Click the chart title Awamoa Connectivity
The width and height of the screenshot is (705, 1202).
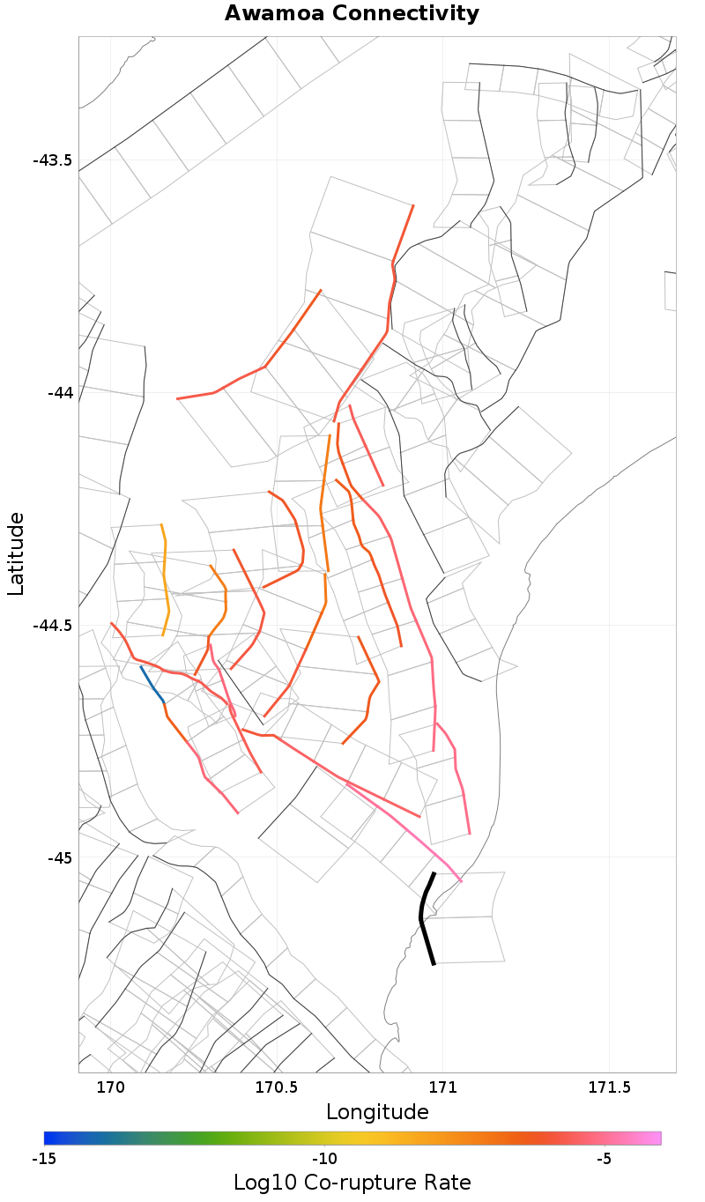(352, 13)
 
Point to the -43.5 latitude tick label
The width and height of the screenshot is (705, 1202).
(52, 160)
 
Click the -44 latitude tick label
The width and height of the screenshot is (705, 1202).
(59, 392)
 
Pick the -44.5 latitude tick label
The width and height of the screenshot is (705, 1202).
(52, 626)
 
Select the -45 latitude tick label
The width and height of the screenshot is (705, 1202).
(59, 857)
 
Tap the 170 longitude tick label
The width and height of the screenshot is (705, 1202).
(110, 1088)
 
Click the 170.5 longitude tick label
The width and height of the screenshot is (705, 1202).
(277, 1088)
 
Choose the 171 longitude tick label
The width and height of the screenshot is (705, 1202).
(443, 1088)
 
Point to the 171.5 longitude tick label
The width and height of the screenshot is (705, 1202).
(610, 1088)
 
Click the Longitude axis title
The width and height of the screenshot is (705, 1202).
(377, 1112)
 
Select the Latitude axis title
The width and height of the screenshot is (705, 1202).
(17, 554)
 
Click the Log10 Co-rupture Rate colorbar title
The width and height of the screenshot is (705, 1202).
(352, 1183)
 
